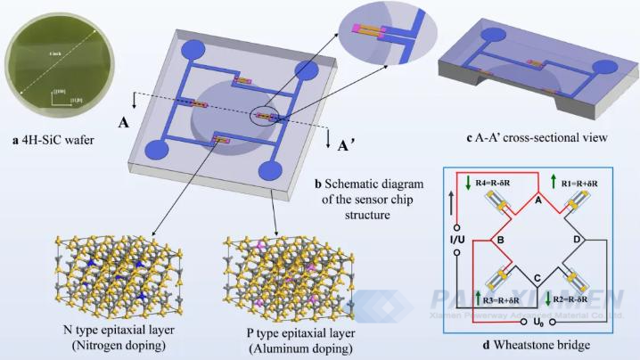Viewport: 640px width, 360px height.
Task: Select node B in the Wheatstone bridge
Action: pyautogui.click(x=501, y=239)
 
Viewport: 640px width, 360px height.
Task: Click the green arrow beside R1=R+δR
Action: pyautogui.click(x=554, y=182)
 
